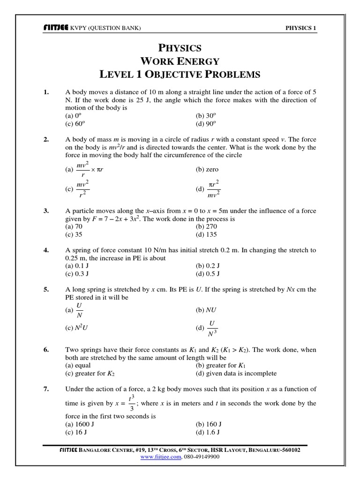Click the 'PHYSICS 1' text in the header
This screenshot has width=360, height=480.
[x=301, y=28]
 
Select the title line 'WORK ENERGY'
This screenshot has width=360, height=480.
[x=180, y=61]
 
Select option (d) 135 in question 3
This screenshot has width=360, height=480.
[x=206, y=234]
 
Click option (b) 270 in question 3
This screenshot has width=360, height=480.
[x=206, y=226]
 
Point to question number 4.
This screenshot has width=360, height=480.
[x=46, y=250]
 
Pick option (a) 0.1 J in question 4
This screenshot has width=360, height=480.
[x=74, y=266]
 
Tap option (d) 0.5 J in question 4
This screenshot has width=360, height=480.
[x=208, y=274]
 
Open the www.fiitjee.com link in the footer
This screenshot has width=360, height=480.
[x=161, y=456]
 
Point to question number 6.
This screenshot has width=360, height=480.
[x=46, y=350]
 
